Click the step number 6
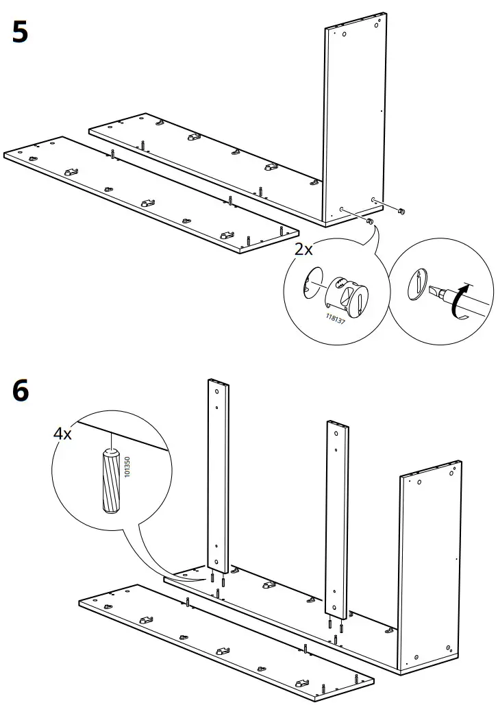pyautogui.click(x=20, y=391)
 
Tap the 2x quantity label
pyautogui.click(x=303, y=249)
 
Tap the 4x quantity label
pyautogui.click(x=62, y=433)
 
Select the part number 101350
pyautogui.click(x=127, y=465)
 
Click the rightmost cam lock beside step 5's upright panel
pyautogui.click(x=402, y=210)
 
